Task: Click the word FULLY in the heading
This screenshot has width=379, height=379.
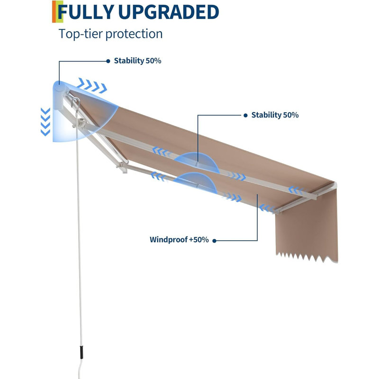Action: coord(86,12)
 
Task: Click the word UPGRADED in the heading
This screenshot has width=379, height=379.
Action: coord(169,12)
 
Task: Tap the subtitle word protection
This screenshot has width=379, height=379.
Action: coord(134,34)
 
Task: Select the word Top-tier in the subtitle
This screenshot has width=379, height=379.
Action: coord(81,34)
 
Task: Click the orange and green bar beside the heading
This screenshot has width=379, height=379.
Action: coord(57,11)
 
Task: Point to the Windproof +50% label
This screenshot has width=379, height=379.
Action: coord(179,240)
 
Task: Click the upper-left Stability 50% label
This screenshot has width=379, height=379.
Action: coord(137,61)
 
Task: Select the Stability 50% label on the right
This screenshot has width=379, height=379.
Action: coord(275,115)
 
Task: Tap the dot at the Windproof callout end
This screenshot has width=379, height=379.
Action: coord(214,241)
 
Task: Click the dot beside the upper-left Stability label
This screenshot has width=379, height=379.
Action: coord(108,61)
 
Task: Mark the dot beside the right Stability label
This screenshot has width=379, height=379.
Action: coord(245,116)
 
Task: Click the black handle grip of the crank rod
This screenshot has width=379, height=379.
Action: coord(81,352)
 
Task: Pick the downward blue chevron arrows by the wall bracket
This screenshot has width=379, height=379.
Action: coord(45,122)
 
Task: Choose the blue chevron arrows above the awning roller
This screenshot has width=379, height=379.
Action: coord(92,85)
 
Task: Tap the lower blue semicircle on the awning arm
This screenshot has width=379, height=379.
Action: coord(196,182)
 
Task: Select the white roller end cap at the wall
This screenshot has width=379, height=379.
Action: coord(59,96)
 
